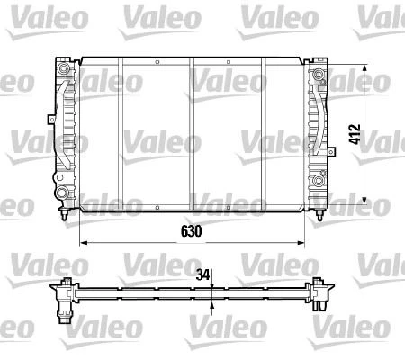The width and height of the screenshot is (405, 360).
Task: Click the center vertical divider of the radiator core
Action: tap(191, 135)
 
